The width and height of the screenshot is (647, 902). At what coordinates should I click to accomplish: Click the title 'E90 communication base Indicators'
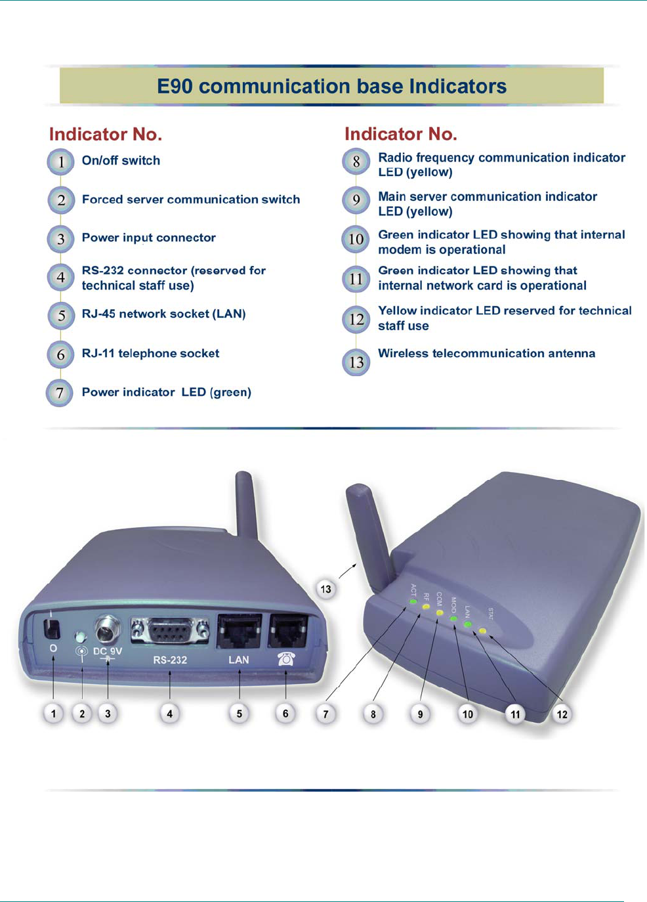coord(331,86)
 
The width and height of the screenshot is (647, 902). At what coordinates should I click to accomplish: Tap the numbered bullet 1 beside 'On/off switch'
coord(60,161)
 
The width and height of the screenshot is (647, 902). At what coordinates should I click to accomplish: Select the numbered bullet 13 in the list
coord(356,362)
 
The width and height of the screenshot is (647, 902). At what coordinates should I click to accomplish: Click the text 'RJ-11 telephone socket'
coord(150,353)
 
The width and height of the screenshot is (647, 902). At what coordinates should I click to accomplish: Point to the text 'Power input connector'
coord(148,238)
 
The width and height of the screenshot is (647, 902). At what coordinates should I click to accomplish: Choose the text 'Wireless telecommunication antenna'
coord(486,353)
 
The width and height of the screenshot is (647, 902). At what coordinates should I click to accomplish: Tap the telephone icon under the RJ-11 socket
coord(286,658)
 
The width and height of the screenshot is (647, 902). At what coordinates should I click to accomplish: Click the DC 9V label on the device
coord(108,652)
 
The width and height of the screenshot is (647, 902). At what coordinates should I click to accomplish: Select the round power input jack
coord(108,630)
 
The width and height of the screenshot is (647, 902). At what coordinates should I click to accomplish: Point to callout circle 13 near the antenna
coord(325,589)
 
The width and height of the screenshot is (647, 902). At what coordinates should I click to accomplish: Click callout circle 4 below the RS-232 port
coord(169,714)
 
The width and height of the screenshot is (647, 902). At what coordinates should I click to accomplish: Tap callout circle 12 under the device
coord(562,714)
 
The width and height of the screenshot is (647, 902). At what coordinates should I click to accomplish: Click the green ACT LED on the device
coord(413,601)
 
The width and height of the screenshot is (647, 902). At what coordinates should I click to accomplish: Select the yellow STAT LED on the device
coord(482,631)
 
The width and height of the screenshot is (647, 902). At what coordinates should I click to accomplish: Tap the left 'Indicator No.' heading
coord(106,134)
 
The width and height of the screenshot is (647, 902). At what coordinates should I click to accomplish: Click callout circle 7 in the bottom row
coord(325,714)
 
